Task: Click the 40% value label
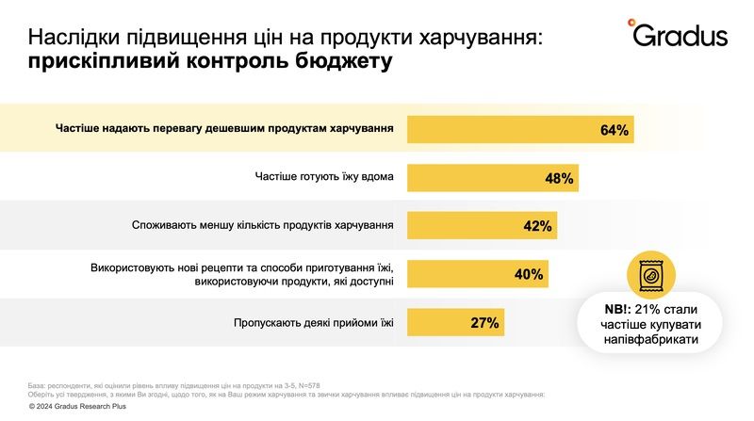tap(528, 274)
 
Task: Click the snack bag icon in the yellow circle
tap(651, 275)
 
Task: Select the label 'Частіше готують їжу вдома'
tap(323, 177)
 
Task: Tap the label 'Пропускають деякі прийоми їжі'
tap(313, 323)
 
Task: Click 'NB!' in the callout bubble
tap(616, 308)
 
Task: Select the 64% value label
tap(614, 129)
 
